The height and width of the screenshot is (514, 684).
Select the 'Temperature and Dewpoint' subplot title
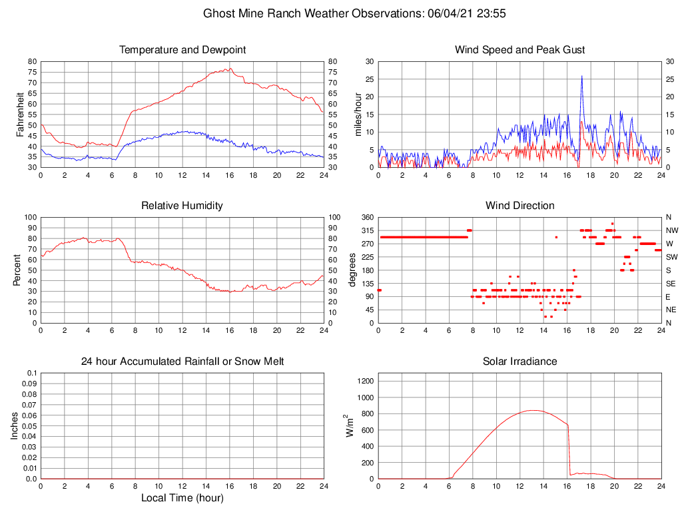pos(182,50)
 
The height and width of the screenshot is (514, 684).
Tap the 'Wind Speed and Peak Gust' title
pos(519,50)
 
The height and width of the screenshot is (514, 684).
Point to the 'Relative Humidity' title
pos(182,206)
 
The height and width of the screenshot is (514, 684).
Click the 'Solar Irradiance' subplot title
pos(519,362)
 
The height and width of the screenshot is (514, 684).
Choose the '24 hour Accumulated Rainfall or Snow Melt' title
pos(182,362)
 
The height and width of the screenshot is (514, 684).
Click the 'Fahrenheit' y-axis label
pos(20,115)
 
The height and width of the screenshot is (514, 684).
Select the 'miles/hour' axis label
pos(358,115)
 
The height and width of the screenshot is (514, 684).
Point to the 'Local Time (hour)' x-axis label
pos(182,497)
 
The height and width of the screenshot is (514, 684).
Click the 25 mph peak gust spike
pos(581,77)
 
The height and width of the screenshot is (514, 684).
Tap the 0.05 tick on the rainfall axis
pos(30,426)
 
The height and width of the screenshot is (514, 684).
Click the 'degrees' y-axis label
pos(353,270)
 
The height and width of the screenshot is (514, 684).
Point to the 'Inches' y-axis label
pos(15,426)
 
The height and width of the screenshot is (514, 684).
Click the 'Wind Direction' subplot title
pos(519,206)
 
